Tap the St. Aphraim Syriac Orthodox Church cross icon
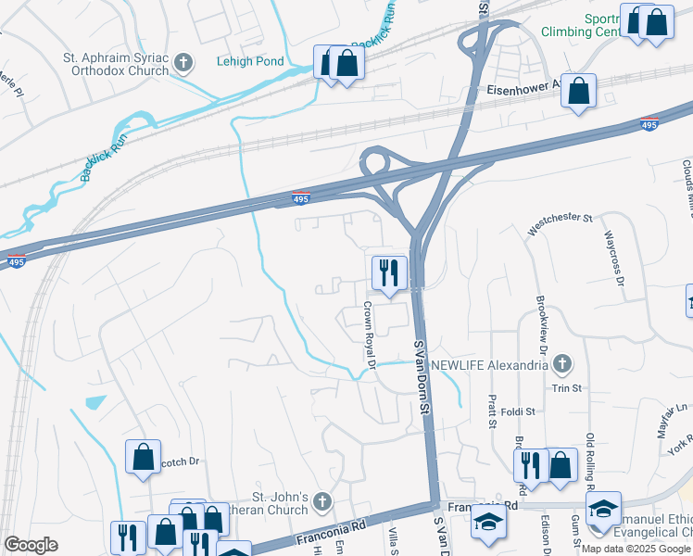pyautogui.click(x=184, y=63)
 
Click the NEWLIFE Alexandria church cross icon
pyautogui.click(x=561, y=364)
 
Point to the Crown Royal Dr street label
pyautogui.click(x=369, y=335)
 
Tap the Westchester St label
pyautogui.click(x=559, y=220)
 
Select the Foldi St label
pyautogui.click(x=517, y=411)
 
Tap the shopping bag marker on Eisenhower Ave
pyautogui.click(x=578, y=92)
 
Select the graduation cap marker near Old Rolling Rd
pyautogui.click(x=603, y=509)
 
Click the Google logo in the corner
pyautogui.click(x=31, y=544)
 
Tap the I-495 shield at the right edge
pyautogui.click(x=649, y=125)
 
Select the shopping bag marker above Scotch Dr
pyautogui.click(x=143, y=457)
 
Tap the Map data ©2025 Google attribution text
pyautogui.click(x=636, y=549)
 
